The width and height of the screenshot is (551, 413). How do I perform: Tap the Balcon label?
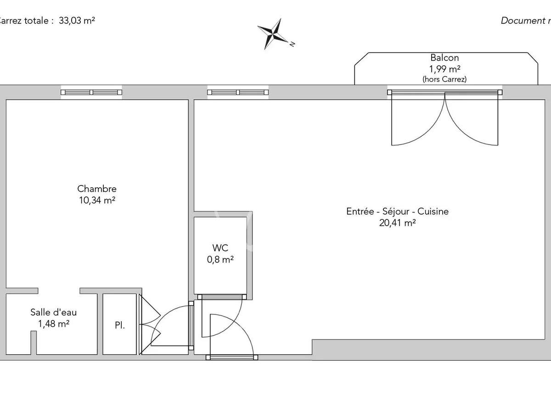[x=444, y=58]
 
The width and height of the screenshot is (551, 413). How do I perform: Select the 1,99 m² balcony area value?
[x=444, y=69]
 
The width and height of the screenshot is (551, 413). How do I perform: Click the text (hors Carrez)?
[x=444, y=79]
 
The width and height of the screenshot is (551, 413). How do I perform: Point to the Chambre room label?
[x=97, y=189]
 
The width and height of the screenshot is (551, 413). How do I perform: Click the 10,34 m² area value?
[x=97, y=200]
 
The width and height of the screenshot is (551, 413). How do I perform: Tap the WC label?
[x=221, y=248]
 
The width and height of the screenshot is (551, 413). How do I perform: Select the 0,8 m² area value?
[x=221, y=259]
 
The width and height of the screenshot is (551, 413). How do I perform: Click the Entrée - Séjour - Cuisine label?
[x=397, y=212]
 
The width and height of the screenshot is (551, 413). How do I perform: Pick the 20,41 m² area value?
[x=397, y=223]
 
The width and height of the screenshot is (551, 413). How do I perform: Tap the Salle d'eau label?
[x=54, y=313]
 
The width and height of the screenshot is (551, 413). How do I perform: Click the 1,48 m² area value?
[x=54, y=324]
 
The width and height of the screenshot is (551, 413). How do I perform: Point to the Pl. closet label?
[x=120, y=326]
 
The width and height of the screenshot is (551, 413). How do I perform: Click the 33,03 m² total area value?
[x=77, y=21]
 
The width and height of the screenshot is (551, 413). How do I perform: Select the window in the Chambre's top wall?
[x=91, y=92]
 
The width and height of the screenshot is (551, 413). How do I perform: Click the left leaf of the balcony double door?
[x=418, y=119]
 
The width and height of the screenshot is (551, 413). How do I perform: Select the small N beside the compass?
[x=292, y=44]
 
